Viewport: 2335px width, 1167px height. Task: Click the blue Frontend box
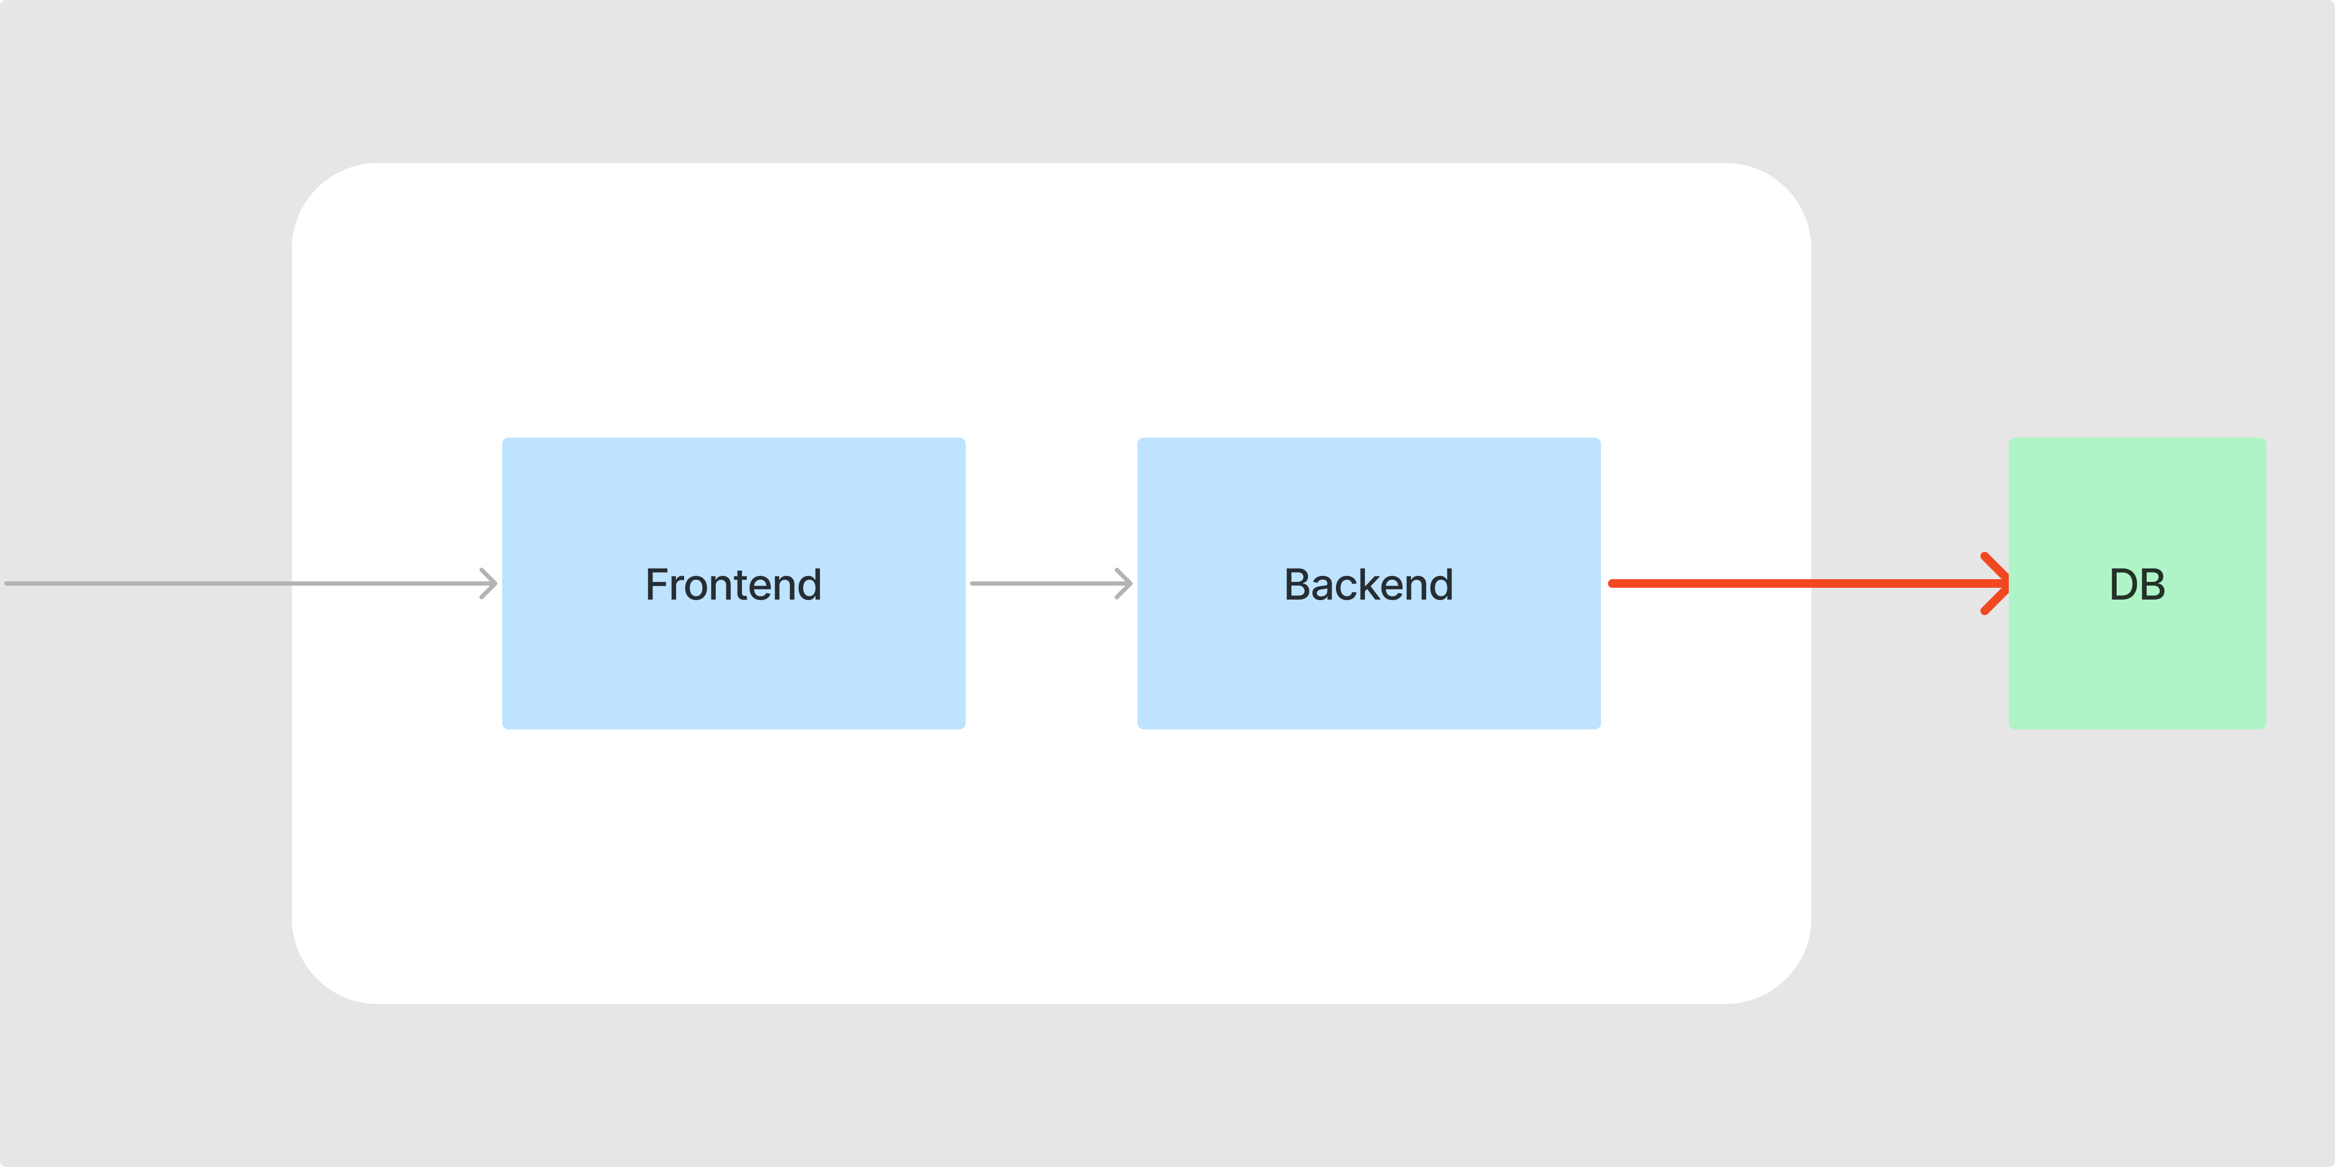[733, 583]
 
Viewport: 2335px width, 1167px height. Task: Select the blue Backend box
[1369, 583]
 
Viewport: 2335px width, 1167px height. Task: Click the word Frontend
[733, 585]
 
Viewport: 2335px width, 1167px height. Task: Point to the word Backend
[1369, 585]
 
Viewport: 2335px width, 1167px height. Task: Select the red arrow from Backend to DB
[1809, 583]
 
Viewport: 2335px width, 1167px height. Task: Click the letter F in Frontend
[658, 585]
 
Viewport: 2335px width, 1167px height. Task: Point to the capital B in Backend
[1298, 585]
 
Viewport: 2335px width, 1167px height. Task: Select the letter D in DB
[2124, 585]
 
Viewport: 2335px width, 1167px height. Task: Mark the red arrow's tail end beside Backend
[1611, 583]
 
